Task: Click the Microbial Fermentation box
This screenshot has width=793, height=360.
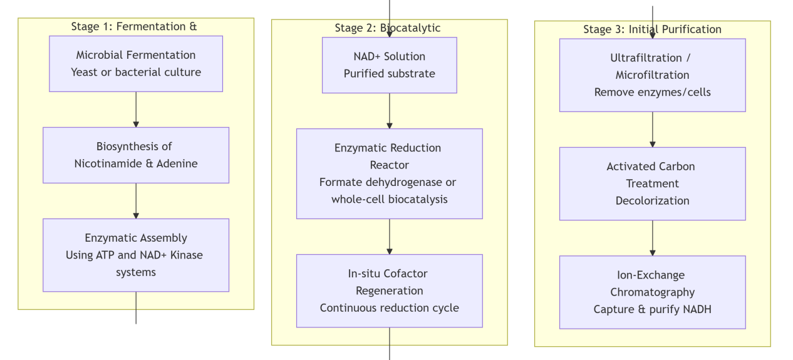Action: click(x=136, y=64)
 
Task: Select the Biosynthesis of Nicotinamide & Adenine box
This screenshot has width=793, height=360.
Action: click(x=136, y=155)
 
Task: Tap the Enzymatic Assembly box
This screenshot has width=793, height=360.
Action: click(x=136, y=255)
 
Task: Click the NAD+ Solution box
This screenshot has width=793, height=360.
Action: click(x=389, y=65)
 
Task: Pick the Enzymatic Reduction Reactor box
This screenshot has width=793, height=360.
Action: click(x=389, y=173)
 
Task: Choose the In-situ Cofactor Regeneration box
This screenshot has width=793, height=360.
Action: click(x=389, y=291)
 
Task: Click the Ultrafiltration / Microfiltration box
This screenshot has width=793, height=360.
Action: click(x=652, y=75)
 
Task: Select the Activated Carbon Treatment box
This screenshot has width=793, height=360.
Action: click(x=652, y=183)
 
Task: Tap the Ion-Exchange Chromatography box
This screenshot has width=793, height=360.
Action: click(x=652, y=292)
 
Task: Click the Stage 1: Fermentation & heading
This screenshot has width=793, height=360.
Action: click(x=134, y=26)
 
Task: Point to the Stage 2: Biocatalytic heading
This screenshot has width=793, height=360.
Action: click(x=388, y=28)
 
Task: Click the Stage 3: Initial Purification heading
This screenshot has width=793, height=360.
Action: click(x=652, y=29)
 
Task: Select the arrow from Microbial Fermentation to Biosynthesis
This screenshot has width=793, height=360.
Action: click(x=136, y=110)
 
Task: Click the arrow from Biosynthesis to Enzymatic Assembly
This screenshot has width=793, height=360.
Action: click(x=136, y=201)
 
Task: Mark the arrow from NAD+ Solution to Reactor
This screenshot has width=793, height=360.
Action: click(x=389, y=111)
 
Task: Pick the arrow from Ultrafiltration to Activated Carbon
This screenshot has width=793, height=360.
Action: click(x=652, y=130)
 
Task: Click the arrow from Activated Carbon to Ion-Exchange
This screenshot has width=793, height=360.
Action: click(x=652, y=238)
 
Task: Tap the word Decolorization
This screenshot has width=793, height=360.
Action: click(x=652, y=201)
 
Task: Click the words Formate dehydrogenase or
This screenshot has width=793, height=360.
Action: click(x=388, y=182)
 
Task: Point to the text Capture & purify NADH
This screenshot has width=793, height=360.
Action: click(x=652, y=309)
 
